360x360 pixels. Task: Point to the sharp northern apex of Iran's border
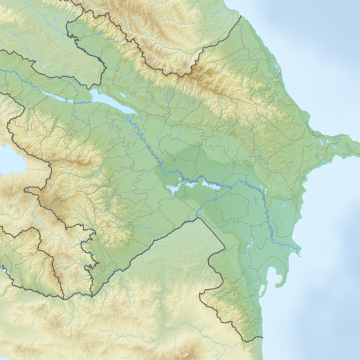(199, 217)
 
